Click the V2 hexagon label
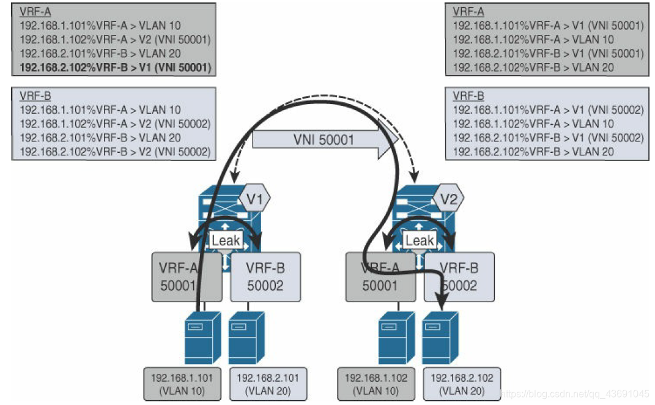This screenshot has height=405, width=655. pyautogui.click(x=449, y=199)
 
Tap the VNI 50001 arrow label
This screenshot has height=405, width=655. pyautogui.click(x=323, y=139)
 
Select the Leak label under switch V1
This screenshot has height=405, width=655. pyautogui.click(x=226, y=240)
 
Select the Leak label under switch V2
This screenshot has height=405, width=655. pyautogui.click(x=420, y=240)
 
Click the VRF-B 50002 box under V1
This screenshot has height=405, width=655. pyautogui.click(x=265, y=277)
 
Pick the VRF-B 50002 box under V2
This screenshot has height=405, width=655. pyautogui.click(x=459, y=277)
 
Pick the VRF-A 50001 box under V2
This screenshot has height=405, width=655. pyautogui.click(x=380, y=277)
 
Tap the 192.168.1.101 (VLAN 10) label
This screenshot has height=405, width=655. pyautogui.click(x=182, y=384)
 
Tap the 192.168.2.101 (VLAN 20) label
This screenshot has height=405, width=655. pyautogui.click(x=268, y=384)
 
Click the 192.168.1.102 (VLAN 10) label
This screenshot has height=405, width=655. pyautogui.click(x=376, y=384)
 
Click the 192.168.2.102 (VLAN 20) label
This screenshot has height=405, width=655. pyautogui.click(x=462, y=384)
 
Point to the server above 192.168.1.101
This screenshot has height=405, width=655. pyautogui.click(x=202, y=338)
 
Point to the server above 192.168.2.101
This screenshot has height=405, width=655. pyautogui.click(x=246, y=338)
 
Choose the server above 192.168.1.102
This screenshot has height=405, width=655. pyautogui.click(x=396, y=338)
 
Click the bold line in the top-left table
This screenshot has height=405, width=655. pyautogui.click(x=116, y=68)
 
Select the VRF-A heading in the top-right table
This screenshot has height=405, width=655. pyautogui.click(x=468, y=12)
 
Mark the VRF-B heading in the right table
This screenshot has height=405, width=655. pyautogui.click(x=468, y=97)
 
